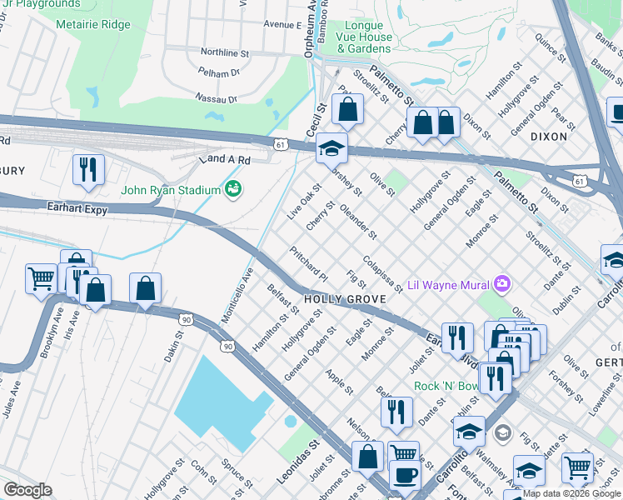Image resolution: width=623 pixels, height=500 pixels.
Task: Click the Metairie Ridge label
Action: click(x=93, y=24)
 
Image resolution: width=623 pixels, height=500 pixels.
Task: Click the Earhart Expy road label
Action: click(x=78, y=211)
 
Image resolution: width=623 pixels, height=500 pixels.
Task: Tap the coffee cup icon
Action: click(x=405, y=475)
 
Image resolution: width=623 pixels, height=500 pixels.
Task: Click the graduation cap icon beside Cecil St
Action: click(x=331, y=149)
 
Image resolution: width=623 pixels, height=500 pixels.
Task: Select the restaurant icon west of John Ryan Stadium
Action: click(x=87, y=169)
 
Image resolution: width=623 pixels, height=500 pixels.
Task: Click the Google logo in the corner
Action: click(x=27, y=489)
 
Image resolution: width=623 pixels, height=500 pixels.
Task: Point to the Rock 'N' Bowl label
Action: click(x=447, y=387)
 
